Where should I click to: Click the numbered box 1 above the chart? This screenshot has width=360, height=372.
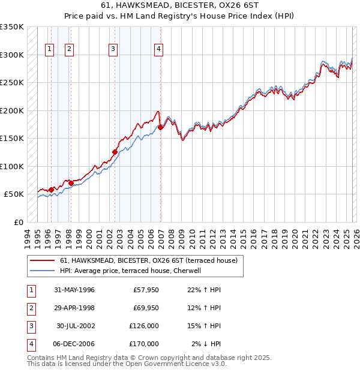49,49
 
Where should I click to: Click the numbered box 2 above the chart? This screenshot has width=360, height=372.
70,49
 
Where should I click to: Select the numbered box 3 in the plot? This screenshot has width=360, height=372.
113,49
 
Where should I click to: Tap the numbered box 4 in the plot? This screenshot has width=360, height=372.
158,49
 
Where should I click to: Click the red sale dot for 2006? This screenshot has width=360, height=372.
161,127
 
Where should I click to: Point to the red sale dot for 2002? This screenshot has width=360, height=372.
115,152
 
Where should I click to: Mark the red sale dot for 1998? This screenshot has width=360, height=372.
71,183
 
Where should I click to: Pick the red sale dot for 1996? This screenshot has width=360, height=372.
51,190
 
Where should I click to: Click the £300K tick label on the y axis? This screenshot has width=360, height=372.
12,55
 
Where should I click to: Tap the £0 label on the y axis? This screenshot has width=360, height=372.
18,222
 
